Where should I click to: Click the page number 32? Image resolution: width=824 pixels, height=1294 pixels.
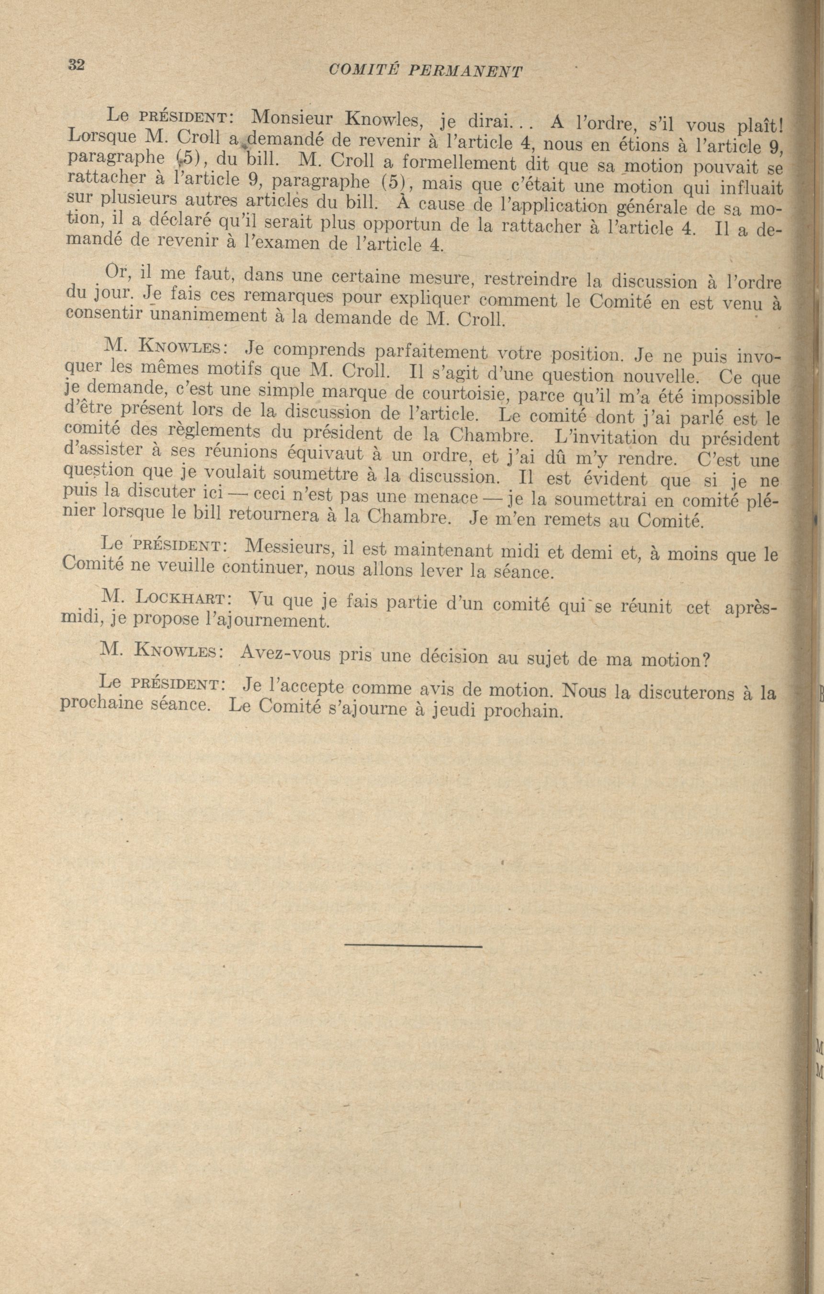tap(76, 65)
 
